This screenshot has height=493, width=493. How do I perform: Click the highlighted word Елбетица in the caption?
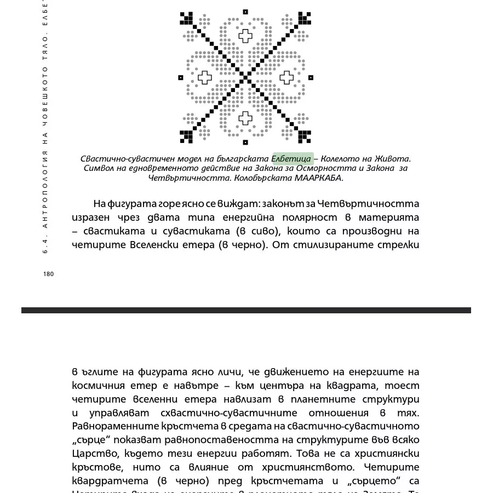293,159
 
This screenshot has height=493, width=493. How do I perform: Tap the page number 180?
48,274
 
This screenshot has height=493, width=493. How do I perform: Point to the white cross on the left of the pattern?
204,77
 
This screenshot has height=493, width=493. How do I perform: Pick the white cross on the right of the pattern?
286,77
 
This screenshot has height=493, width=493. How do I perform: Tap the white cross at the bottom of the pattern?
245,118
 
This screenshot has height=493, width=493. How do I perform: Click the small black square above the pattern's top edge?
245,12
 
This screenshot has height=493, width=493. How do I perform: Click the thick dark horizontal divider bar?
246,310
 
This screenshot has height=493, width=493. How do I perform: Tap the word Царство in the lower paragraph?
91,454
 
